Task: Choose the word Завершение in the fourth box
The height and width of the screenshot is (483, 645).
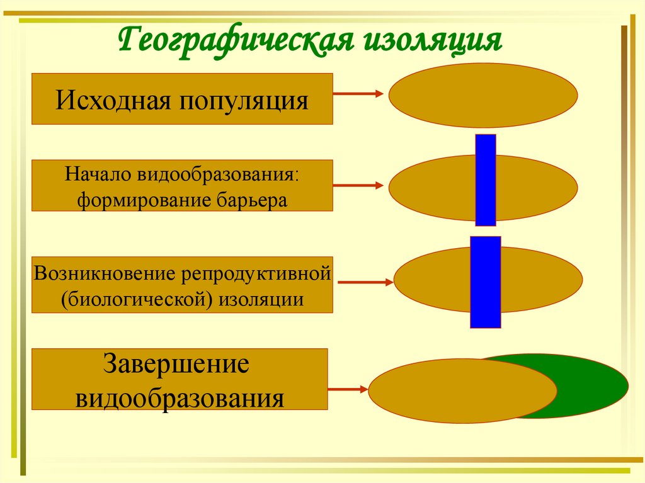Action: point(177,367)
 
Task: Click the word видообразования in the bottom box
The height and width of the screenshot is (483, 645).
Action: point(180,398)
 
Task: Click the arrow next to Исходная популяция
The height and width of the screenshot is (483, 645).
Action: point(358,94)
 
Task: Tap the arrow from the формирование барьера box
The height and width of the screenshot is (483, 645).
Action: point(358,186)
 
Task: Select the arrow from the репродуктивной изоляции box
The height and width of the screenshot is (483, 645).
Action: point(366,283)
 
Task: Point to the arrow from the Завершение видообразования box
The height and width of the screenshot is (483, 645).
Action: point(348,390)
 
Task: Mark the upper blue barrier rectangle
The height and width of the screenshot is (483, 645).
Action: point(485,179)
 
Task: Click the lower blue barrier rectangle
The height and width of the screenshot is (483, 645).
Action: point(485,281)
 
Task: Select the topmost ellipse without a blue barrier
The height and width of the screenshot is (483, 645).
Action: point(483,95)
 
